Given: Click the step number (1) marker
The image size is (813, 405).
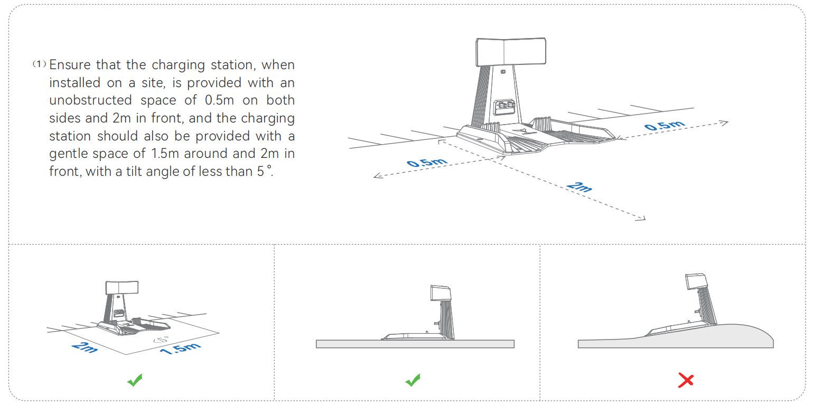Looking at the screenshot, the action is coord(40,64).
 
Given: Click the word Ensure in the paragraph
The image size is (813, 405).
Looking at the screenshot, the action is coord(70,64).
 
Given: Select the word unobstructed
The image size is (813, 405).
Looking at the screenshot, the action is coord(90,100).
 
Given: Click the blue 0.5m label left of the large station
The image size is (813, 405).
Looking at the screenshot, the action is coord(427,163).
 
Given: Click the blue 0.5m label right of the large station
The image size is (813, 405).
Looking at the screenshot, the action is coord(665,126).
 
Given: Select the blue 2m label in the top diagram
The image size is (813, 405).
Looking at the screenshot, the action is coord(580,186).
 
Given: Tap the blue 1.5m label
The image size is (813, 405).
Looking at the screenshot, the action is coord(180,349).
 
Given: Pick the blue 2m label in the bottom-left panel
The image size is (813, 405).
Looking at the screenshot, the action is coord(85,347).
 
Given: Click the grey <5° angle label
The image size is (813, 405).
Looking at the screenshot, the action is coord(161,340).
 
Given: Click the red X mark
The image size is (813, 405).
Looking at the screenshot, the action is coord(686,381).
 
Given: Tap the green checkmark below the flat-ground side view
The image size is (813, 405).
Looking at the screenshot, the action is coord(413,380).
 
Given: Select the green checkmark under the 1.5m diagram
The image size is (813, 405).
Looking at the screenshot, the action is coord(135,380).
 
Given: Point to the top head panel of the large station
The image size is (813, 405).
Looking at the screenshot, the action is coord(511,52).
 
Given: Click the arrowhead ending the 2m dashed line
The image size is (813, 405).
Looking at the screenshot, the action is coord(641,218).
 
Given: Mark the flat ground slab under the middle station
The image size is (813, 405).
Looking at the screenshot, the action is coord(415,344).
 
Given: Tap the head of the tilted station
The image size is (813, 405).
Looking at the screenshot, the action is coord(696,281).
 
